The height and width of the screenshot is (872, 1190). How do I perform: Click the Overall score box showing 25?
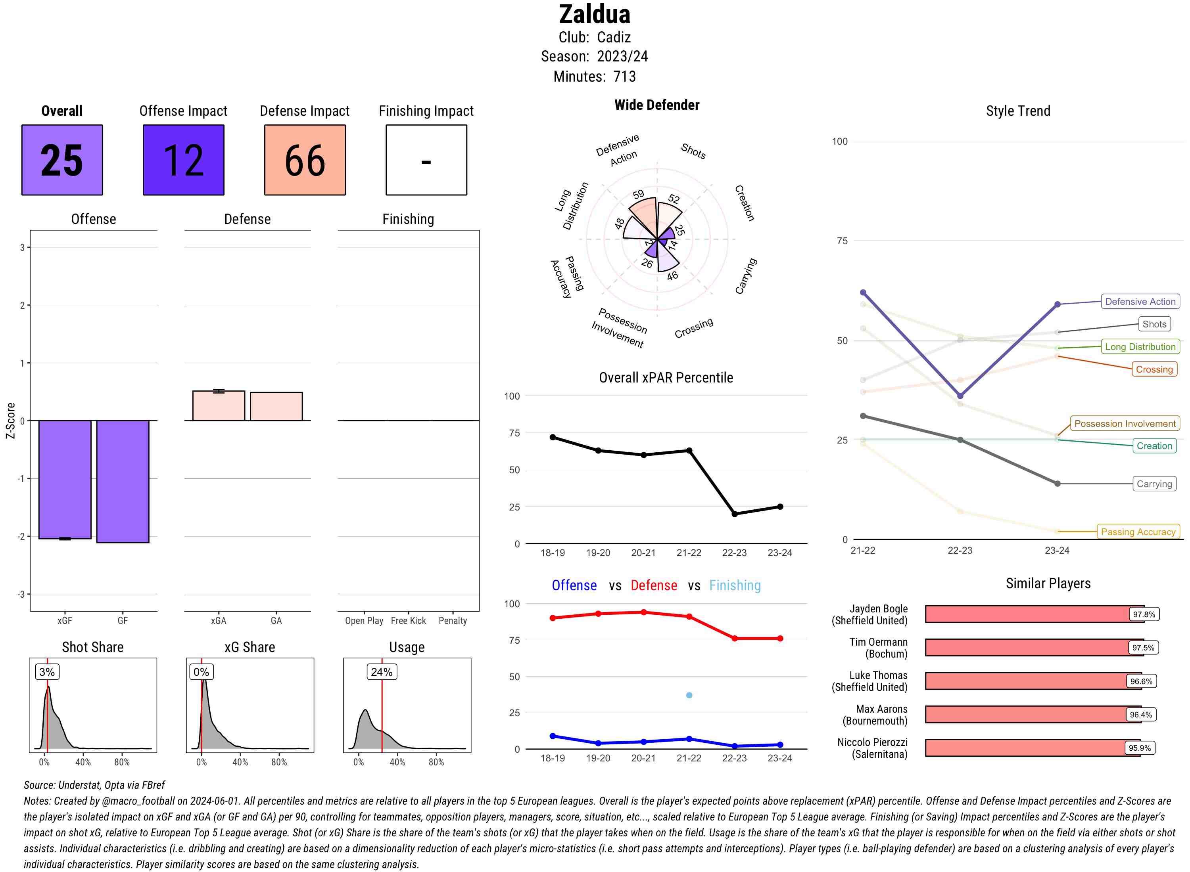(x=62, y=160)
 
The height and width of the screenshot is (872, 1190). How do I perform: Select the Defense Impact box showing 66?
(x=305, y=160)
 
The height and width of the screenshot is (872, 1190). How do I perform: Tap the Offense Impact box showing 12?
(x=183, y=160)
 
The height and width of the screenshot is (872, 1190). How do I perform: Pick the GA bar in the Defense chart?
(x=276, y=406)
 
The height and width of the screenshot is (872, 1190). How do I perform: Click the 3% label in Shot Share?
(x=47, y=672)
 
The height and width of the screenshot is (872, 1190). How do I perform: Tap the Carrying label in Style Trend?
(x=1154, y=484)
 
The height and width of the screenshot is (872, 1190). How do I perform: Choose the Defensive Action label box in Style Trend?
(x=1140, y=301)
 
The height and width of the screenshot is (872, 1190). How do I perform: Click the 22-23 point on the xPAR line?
(x=734, y=514)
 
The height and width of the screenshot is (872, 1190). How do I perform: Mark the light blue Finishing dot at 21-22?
(x=689, y=695)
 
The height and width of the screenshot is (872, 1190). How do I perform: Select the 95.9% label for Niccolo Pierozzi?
(x=1139, y=748)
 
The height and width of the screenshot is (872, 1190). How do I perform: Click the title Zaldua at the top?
(x=595, y=14)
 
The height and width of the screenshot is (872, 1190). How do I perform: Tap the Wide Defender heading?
(x=656, y=105)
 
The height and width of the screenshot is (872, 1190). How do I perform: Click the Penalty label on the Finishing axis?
(x=453, y=621)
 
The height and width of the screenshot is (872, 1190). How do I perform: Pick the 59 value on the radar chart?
(x=639, y=194)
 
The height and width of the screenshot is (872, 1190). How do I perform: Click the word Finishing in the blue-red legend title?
(x=735, y=585)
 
